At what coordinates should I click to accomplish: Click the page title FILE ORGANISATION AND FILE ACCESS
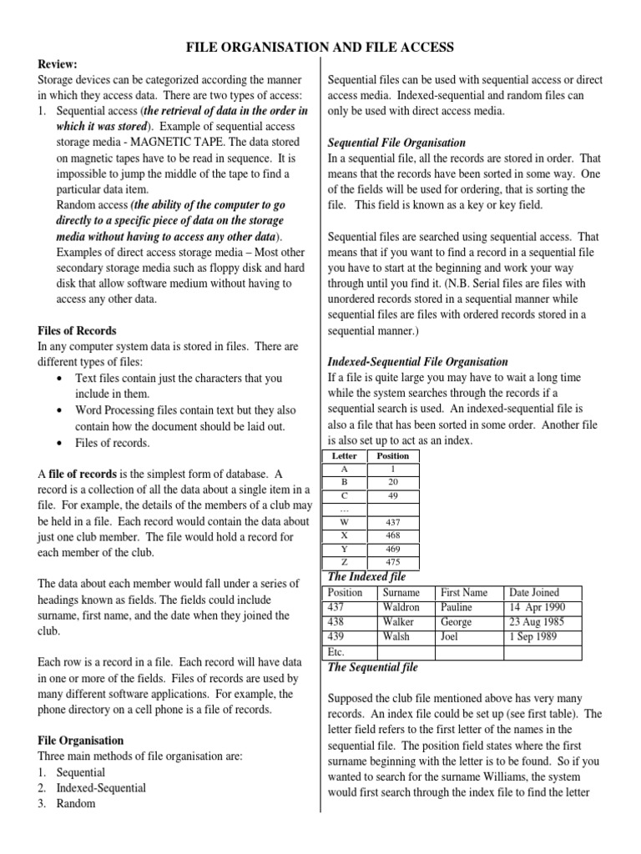(x=320, y=48)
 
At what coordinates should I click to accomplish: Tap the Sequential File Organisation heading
(x=396, y=143)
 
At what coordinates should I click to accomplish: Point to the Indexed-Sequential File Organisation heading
(x=417, y=361)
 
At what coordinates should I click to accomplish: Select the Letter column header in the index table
(x=345, y=456)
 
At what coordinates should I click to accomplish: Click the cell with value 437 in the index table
(x=392, y=521)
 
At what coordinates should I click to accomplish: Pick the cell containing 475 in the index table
(x=392, y=561)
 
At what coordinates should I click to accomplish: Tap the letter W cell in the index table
(x=345, y=521)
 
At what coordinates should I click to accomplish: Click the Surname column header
(x=401, y=593)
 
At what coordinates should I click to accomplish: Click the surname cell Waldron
(x=401, y=608)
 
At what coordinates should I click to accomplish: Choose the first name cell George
(x=456, y=622)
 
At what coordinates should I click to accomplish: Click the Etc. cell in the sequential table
(x=337, y=652)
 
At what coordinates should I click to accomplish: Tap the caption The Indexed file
(x=367, y=577)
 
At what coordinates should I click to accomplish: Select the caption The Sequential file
(x=372, y=667)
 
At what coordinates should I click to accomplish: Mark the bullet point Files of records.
(x=113, y=443)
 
